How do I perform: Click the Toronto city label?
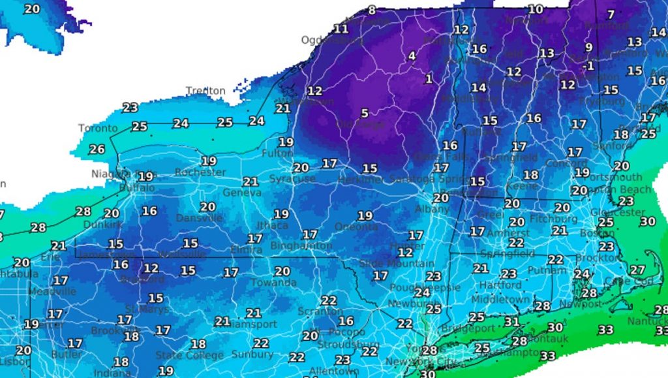pos(98,128)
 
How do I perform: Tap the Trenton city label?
pos(205,91)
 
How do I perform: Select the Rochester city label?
pos(200,173)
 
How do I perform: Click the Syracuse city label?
pos(292,178)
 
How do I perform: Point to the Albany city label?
pos(433,210)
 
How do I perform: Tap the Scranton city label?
pos(320,311)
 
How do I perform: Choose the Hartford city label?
pos(500,285)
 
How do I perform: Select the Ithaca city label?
pos(272,225)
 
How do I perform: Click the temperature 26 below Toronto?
pos(97,150)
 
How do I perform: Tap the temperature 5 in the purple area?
pos(365,114)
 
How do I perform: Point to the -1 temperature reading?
pos(589,66)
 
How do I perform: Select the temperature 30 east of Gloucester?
pos(647,222)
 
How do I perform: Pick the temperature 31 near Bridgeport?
pos(512,322)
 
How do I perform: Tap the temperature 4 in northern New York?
pos(412,56)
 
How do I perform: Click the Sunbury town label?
pos(252,354)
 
